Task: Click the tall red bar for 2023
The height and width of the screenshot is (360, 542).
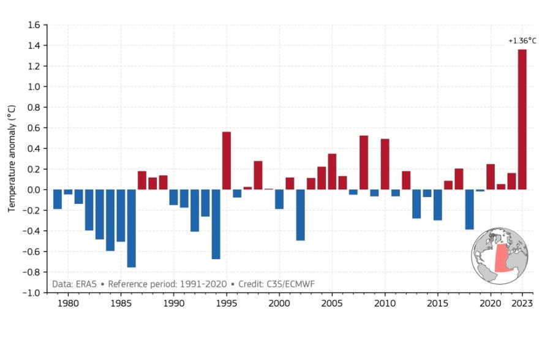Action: (x=522, y=119)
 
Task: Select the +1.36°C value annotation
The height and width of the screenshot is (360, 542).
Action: (x=522, y=41)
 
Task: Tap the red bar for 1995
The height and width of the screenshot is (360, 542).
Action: (x=227, y=160)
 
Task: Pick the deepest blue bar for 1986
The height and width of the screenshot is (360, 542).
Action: (x=131, y=228)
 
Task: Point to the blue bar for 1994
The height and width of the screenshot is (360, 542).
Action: (x=216, y=224)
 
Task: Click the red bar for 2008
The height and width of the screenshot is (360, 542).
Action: (x=364, y=162)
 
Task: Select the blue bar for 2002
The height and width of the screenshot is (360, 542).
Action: (x=300, y=215)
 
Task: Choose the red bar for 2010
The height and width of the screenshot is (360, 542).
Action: (x=385, y=164)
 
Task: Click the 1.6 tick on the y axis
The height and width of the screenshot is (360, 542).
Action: (x=33, y=25)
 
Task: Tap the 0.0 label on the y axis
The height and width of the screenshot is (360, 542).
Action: (x=33, y=190)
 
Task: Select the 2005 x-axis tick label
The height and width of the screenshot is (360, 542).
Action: (x=332, y=304)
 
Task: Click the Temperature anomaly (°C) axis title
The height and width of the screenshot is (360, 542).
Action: (x=12, y=159)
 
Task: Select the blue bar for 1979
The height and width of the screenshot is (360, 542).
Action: (x=58, y=200)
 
